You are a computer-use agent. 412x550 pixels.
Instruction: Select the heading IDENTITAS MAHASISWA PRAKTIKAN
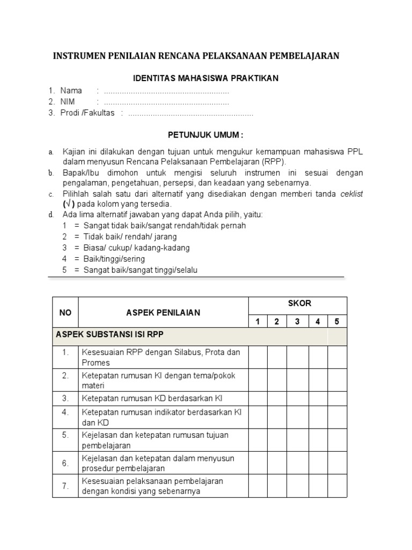(x=206, y=78)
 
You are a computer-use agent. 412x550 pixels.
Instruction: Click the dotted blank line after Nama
(x=166, y=91)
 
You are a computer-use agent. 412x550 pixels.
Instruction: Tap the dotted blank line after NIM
(x=166, y=102)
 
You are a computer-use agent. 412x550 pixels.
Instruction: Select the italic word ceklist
(x=351, y=194)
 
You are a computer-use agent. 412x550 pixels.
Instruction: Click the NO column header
(x=65, y=313)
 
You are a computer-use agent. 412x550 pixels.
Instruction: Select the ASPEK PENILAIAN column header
(x=163, y=313)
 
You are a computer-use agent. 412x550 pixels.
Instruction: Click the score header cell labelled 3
(x=297, y=322)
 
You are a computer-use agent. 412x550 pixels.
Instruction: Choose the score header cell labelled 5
(x=337, y=322)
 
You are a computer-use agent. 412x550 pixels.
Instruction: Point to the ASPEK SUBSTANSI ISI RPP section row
(x=110, y=334)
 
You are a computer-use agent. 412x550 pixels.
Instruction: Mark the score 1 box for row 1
(x=257, y=357)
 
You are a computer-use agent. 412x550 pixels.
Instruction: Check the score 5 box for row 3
(x=337, y=399)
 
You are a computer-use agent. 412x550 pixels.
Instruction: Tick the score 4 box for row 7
(x=318, y=486)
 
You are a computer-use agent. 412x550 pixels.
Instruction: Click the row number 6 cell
(x=65, y=463)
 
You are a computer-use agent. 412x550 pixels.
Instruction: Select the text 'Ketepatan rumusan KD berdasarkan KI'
(x=151, y=399)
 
